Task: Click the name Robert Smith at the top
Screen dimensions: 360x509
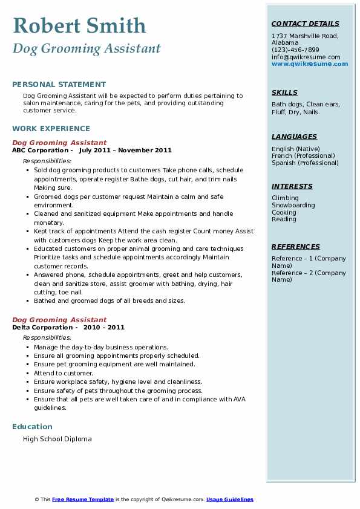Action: (x=79, y=25)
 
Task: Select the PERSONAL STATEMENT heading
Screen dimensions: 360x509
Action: (x=59, y=85)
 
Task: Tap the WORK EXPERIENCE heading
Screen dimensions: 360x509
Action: (x=51, y=129)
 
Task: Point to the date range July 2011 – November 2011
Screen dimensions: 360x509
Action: (x=125, y=151)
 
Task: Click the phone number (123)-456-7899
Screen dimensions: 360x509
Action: (x=295, y=50)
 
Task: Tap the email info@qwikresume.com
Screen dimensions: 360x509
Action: (x=306, y=57)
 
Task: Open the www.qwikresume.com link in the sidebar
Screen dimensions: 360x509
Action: (x=310, y=64)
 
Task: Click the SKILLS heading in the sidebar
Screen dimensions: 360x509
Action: (x=284, y=92)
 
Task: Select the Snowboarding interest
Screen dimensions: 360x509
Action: (x=293, y=205)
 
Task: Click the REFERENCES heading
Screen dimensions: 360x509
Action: (x=296, y=247)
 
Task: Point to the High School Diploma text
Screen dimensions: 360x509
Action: (x=57, y=439)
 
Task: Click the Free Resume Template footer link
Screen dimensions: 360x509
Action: (x=83, y=499)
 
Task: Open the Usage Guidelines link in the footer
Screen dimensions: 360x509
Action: (x=230, y=499)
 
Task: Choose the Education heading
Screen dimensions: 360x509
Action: (x=32, y=427)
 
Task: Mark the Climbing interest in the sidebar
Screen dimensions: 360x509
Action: (x=285, y=198)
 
